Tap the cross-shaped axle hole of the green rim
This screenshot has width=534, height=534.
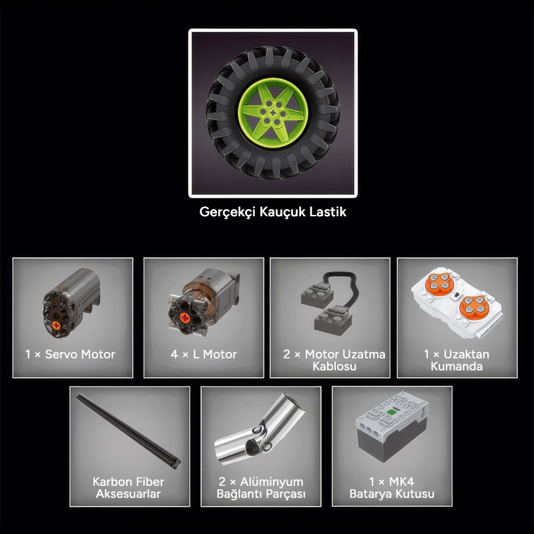[273, 113]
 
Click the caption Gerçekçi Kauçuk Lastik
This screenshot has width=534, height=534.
[273, 212]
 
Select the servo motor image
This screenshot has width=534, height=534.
[71, 303]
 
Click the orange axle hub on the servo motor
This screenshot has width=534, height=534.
[56, 326]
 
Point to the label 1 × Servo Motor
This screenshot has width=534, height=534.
[70, 354]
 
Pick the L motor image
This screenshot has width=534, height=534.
[204, 302]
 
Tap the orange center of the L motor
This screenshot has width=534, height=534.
[185, 318]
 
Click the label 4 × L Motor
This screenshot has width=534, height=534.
[204, 354]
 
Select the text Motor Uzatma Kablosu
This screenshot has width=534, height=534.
[344, 360]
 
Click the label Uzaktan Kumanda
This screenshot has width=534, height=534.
[460, 360]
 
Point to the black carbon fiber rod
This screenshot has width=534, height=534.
[128, 431]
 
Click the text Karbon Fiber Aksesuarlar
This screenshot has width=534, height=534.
[128, 488]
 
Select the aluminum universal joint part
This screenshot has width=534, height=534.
[260, 430]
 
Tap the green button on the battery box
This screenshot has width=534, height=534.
[391, 413]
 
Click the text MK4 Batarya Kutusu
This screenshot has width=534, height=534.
[392, 488]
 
